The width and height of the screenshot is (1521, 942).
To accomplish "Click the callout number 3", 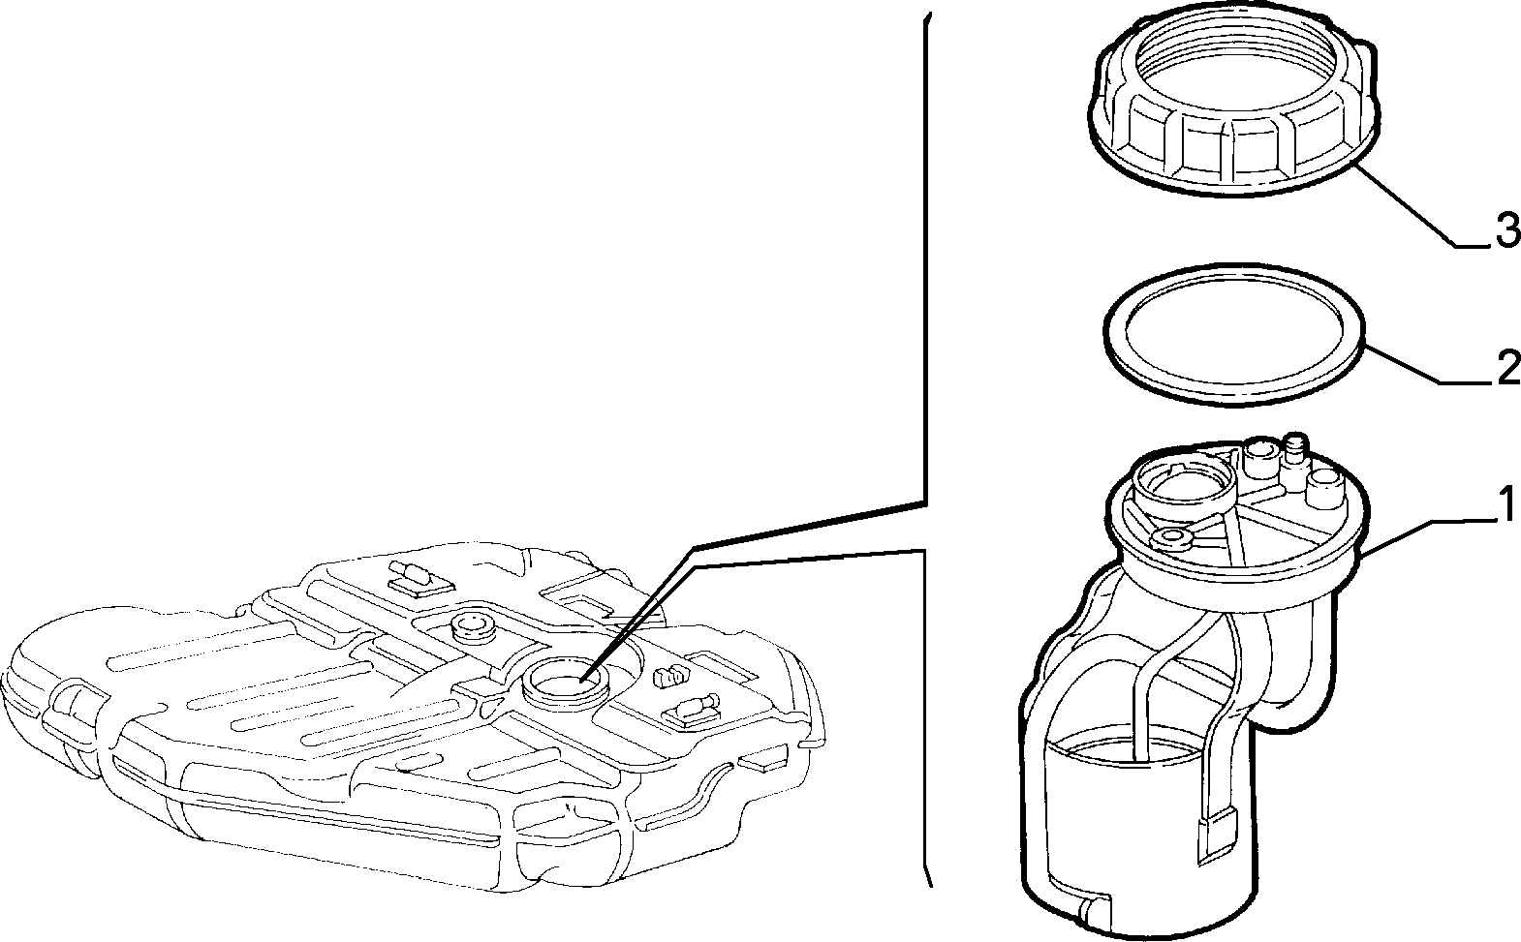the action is click(1507, 231).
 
